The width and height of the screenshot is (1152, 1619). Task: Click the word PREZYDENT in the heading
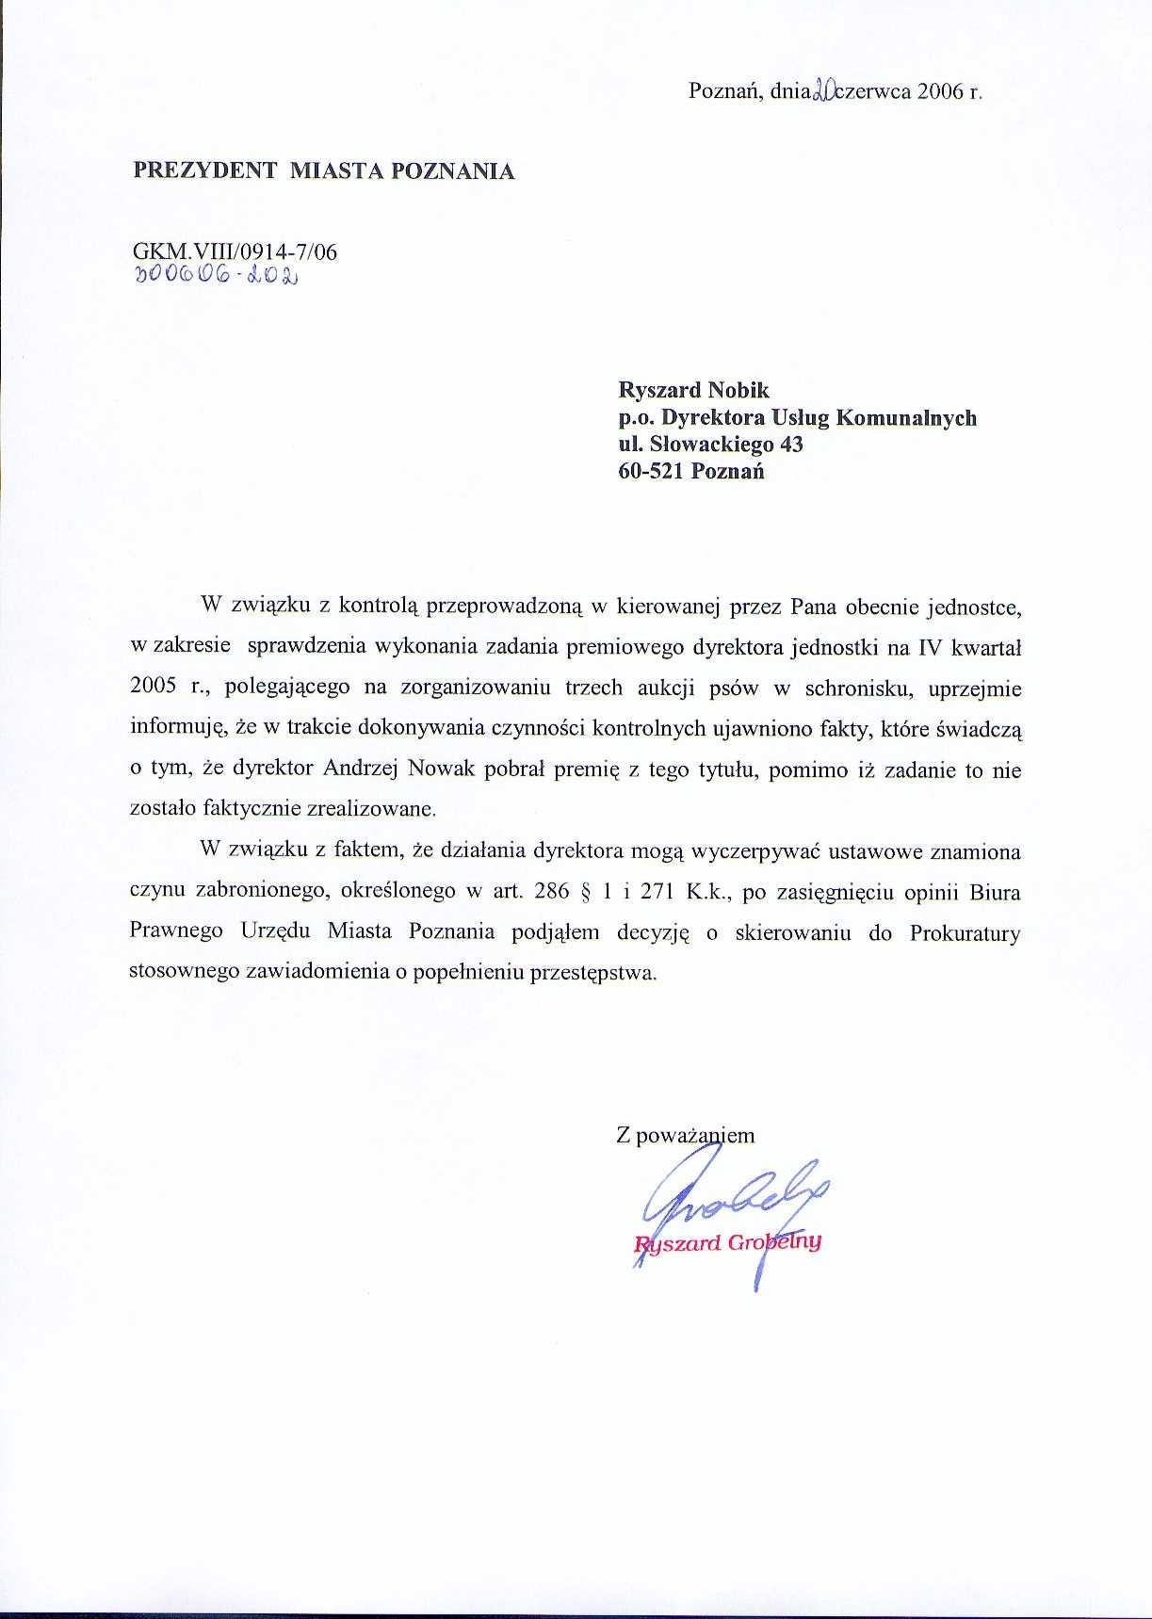(205, 170)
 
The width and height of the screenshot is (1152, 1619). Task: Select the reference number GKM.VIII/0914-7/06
(235, 251)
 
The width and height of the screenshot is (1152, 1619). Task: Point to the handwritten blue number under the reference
(216, 275)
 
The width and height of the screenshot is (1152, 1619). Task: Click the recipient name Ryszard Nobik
(693, 390)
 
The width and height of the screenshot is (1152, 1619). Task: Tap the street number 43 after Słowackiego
(790, 444)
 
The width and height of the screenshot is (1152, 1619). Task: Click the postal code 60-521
(651, 471)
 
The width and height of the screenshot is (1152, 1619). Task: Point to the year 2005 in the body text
(153, 687)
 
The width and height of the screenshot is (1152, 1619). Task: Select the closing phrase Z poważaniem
(685, 1135)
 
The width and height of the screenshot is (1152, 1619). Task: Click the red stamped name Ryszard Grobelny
(728, 1242)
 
